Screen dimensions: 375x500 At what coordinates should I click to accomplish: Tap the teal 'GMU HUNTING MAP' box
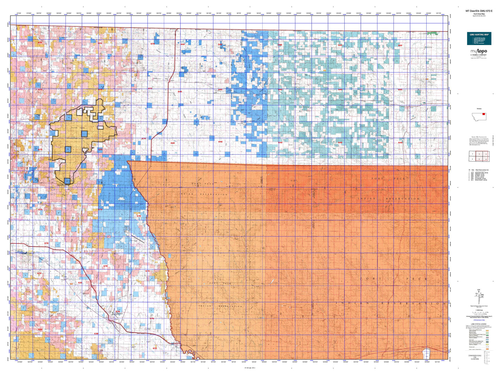click(x=479, y=38)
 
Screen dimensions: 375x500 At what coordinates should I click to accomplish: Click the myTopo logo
click(x=479, y=52)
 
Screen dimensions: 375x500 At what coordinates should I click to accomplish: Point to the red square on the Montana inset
click(x=483, y=115)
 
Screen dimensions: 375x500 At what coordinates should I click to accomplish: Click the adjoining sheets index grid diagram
click(x=479, y=156)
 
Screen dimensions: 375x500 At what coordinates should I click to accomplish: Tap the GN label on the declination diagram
click(x=479, y=290)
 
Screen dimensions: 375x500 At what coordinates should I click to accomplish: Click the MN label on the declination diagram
click(x=482, y=295)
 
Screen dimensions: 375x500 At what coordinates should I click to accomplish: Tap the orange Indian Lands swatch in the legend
click(x=487, y=349)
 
